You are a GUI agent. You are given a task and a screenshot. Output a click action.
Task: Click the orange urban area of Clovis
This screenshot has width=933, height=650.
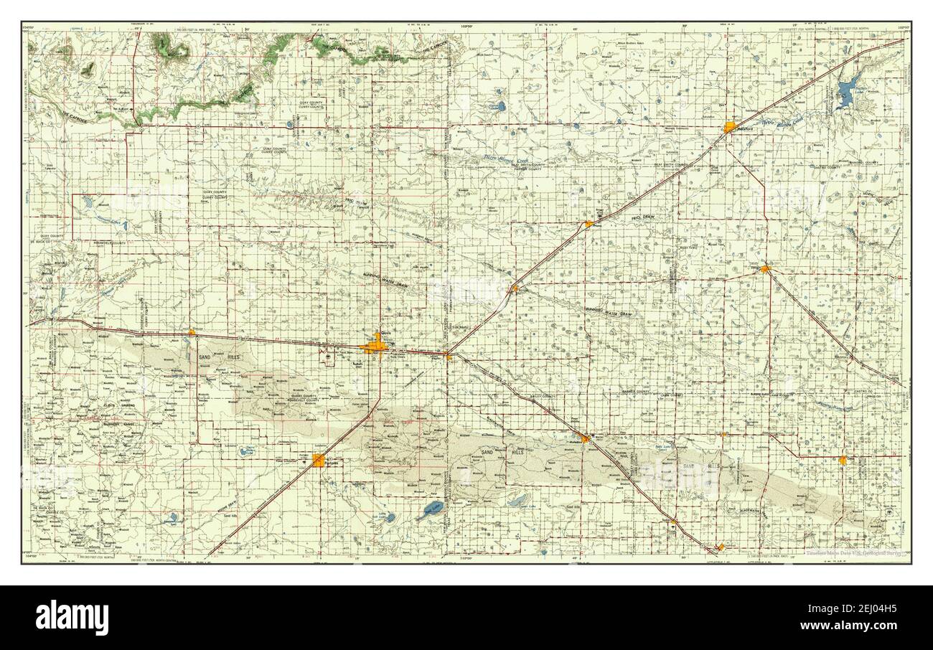(x=375, y=347)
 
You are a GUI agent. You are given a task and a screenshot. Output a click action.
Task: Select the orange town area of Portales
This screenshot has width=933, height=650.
(x=319, y=461)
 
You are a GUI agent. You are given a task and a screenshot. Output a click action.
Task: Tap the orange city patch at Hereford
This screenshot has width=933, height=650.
(x=730, y=128)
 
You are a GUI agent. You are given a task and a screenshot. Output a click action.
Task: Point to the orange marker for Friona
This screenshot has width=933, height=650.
(x=589, y=224)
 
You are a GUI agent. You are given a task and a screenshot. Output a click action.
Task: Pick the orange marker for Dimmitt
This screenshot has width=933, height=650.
(x=765, y=269)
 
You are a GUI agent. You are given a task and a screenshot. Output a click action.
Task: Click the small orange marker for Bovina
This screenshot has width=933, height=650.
(x=515, y=288)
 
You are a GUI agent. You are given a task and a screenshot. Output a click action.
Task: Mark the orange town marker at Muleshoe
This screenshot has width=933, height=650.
(x=585, y=438)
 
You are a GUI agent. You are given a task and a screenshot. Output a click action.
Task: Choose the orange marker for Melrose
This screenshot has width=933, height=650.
(x=192, y=331)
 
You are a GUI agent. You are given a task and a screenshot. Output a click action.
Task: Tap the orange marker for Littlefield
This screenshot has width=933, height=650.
(x=720, y=547)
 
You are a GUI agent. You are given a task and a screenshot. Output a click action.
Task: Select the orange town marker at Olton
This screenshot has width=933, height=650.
(x=843, y=459)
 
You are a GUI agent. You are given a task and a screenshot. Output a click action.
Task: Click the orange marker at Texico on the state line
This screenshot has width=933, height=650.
(x=447, y=354)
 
